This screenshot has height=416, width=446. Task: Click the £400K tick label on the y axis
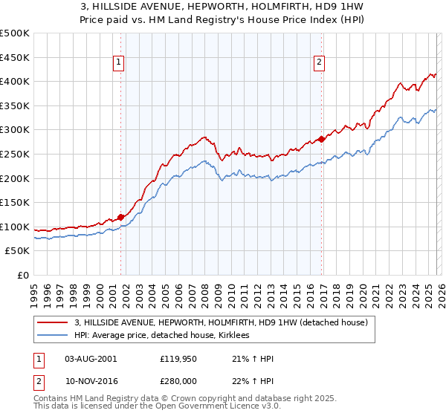point(15,82)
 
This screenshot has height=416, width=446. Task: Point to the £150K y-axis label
point(15,203)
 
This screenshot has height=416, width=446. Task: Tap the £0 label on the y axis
point(22,276)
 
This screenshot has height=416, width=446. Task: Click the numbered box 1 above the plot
point(120,63)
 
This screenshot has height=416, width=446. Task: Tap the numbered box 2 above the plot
point(319,63)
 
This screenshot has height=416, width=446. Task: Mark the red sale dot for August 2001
point(120,217)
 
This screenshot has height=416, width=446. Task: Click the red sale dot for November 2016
point(321,139)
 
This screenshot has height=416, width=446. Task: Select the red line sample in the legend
point(53,322)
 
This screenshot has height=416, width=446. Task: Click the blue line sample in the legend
point(53,336)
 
